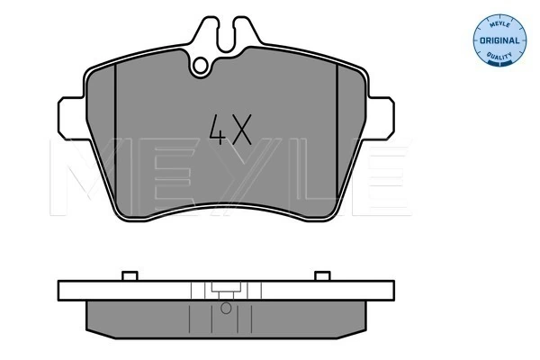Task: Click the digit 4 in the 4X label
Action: (x=218, y=130)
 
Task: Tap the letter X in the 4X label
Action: (x=241, y=130)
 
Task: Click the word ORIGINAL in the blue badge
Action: (x=499, y=40)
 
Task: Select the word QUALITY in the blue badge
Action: (x=499, y=56)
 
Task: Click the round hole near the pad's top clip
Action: (x=200, y=66)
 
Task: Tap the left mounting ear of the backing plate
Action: (x=71, y=118)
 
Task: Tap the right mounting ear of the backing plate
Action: (x=381, y=118)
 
